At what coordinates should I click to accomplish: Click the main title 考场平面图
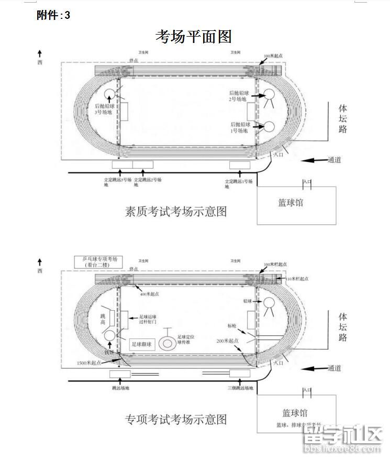coord(193,36)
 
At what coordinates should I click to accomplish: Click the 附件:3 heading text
coord(53,15)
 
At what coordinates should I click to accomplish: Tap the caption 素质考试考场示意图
coord(176,211)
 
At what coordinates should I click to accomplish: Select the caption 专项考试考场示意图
coord(176,419)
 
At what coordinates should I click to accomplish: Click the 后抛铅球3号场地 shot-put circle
coord(110,94)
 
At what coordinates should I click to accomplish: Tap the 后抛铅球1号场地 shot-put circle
coord(270,126)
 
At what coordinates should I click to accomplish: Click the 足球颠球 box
coord(141,344)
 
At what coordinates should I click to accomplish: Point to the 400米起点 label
coord(150,294)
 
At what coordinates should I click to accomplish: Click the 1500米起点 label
coord(88,363)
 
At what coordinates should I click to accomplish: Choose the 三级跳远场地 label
coord(240,388)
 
